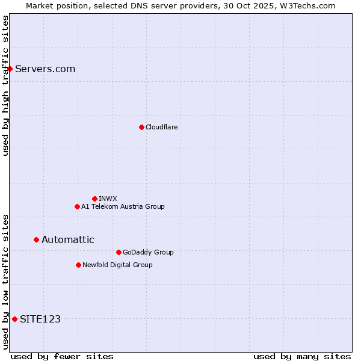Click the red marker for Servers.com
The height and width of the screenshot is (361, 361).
(x=10, y=69)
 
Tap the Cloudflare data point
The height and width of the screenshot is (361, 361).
(x=141, y=127)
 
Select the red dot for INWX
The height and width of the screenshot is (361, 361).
(x=94, y=199)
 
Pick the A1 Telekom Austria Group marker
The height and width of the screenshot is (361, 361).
(x=77, y=206)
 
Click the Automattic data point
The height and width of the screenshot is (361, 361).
(x=36, y=239)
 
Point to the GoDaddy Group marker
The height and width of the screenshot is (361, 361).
(x=119, y=252)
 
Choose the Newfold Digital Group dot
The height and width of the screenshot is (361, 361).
(x=78, y=265)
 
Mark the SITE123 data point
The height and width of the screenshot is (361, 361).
(x=14, y=319)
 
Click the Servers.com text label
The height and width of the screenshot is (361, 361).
(x=45, y=69)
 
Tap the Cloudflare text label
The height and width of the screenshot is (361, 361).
(x=161, y=127)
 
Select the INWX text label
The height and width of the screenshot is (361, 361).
(x=108, y=199)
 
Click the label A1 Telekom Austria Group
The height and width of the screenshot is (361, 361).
(x=123, y=206)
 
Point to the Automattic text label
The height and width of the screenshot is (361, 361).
(x=67, y=239)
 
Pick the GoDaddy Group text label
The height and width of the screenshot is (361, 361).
(x=148, y=252)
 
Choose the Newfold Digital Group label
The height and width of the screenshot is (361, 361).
(x=117, y=265)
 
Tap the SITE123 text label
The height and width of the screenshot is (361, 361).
(x=40, y=319)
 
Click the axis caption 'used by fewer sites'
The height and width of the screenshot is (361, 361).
(x=62, y=356)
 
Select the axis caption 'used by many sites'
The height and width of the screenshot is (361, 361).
(x=301, y=356)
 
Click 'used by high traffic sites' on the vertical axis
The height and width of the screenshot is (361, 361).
(x=5, y=85)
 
